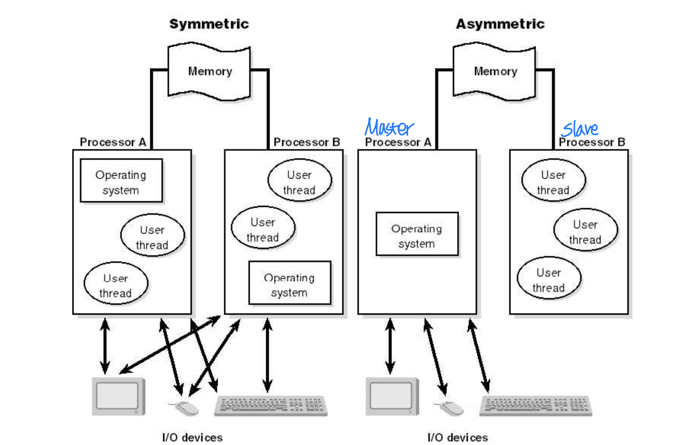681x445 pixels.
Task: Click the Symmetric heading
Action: coord(209,24)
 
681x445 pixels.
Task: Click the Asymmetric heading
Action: coord(500,24)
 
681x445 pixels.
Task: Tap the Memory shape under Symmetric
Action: coord(210,71)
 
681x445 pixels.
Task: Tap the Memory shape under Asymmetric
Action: coord(495,71)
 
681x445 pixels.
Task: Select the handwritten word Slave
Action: coord(580,129)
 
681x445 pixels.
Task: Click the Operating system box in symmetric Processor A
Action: coord(121,181)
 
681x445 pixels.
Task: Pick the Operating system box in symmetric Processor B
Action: coord(289,283)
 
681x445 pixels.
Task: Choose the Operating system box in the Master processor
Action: coord(417,234)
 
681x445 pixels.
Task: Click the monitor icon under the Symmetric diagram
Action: coord(118,396)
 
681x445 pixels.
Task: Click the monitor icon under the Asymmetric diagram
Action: coord(392,396)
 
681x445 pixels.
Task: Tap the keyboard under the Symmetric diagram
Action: coord(271,405)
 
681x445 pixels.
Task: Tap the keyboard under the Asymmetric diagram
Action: coord(535,405)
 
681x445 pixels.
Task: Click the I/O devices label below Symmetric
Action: coord(192,437)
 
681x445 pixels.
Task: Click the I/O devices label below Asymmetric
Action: coord(457,437)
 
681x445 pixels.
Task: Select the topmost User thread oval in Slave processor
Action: coord(553,181)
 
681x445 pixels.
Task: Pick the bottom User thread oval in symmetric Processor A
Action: coord(116,284)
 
